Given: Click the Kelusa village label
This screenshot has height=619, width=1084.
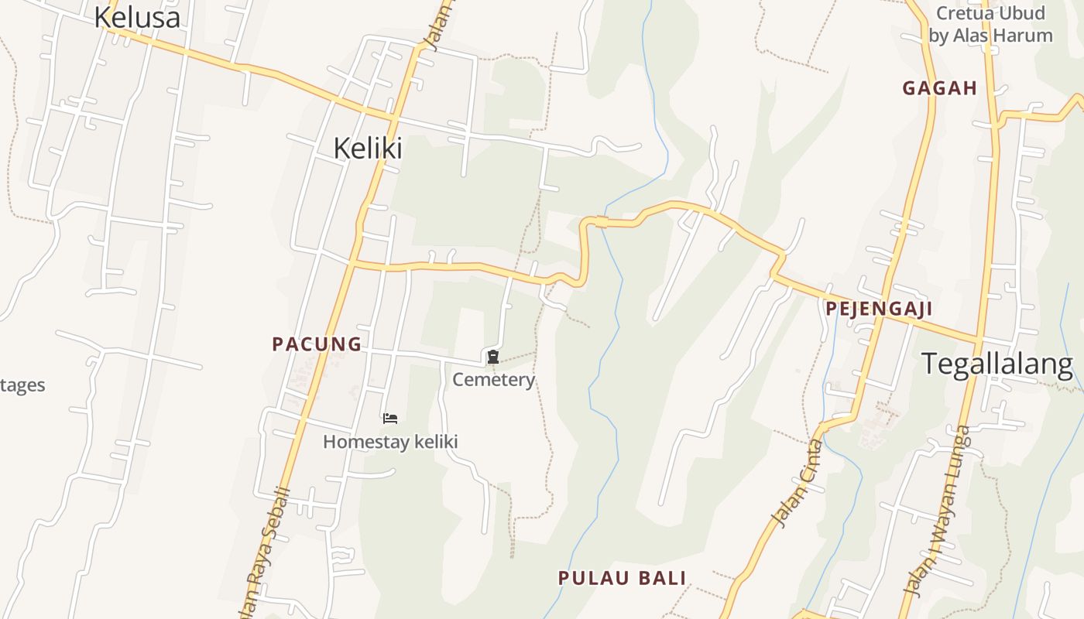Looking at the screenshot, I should (137, 17).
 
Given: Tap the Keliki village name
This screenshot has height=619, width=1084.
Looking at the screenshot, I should (368, 148).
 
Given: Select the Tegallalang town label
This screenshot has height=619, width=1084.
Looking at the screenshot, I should (997, 364).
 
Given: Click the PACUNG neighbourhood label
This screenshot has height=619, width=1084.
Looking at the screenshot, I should (317, 344).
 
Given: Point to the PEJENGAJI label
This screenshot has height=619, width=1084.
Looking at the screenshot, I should (878, 309).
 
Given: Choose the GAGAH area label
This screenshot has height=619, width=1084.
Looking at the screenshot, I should (939, 88).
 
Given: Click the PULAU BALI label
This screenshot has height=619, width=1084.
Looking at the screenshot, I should (623, 578).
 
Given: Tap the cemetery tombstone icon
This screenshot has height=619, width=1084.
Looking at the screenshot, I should (492, 357).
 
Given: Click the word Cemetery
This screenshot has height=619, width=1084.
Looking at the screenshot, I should (493, 380).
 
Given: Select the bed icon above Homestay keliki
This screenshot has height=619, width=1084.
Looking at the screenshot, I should (390, 419).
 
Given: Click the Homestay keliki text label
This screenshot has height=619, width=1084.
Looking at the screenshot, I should (390, 442).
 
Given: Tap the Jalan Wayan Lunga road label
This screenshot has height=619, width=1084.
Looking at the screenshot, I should (937, 511).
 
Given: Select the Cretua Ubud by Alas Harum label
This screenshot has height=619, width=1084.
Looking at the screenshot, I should (990, 24).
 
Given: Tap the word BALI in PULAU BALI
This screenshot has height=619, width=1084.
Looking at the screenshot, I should (663, 578).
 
